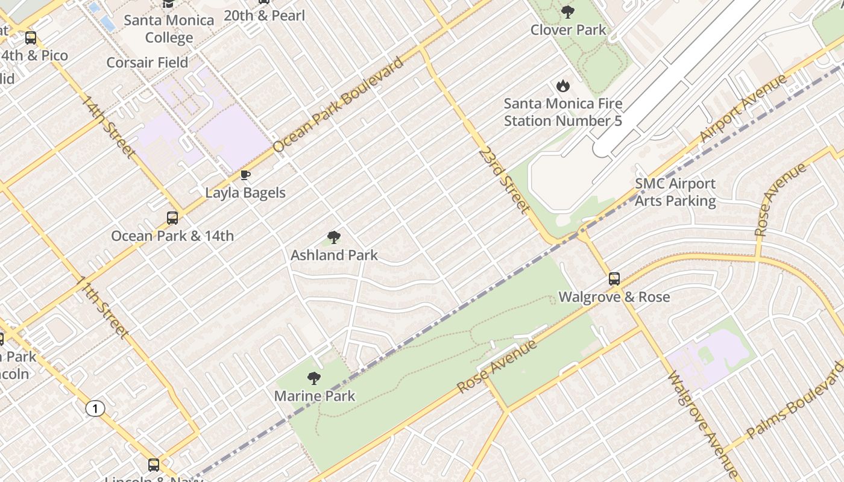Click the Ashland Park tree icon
coord(333,237)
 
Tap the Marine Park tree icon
coord(313,378)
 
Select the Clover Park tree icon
coord(567,11)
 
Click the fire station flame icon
coord(563,86)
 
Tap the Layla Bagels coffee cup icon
coord(245,175)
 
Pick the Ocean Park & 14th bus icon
coord(172,218)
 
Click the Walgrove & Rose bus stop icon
coord(614,279)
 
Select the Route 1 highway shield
coord(95,409)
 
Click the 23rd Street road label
coord(503,179)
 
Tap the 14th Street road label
coord(107,126)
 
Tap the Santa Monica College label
coord(169,29)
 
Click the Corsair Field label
coord(147,63)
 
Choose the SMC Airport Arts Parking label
coord(675,192)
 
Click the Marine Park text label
coord(315,396)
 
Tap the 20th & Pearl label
coord(264,16)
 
